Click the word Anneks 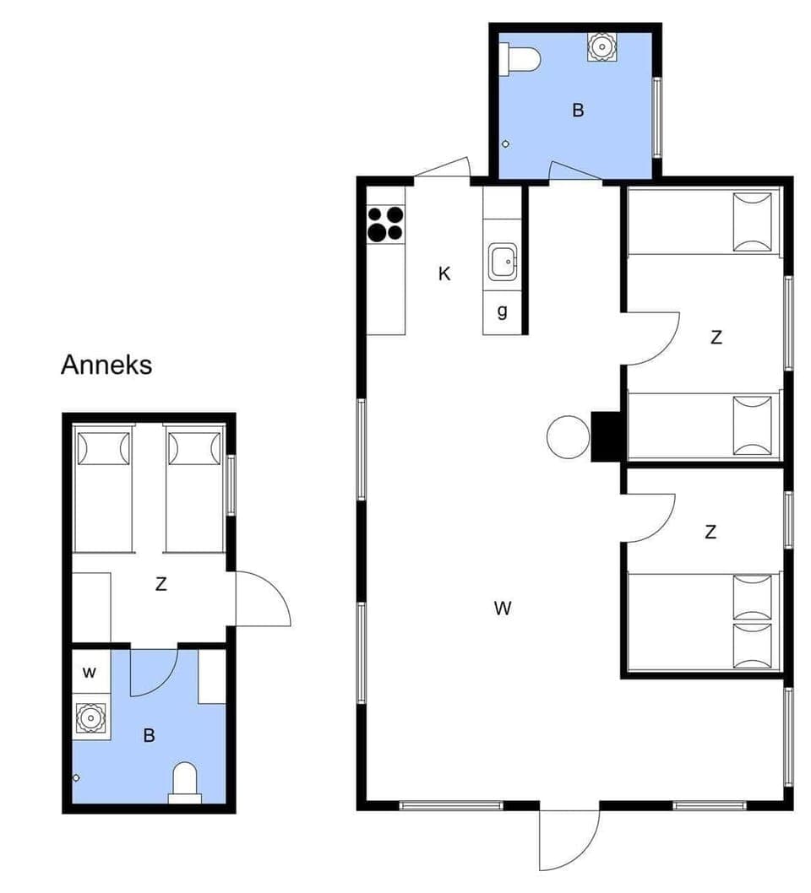[x=106, y=365]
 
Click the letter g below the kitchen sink [x=503, y=311]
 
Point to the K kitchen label [x=444, y=273]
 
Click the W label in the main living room [x=503, y=608]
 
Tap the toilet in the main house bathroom [x=520, y=59]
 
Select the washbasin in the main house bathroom [x=601, y=46]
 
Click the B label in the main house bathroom [x=578, y=110]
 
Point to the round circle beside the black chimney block [x=568, y=437]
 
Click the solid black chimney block [x=607, y=436]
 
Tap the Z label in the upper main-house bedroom [x=716, y=338]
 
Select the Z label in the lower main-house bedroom [x=710, y=532]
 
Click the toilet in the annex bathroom [x=185, y=780]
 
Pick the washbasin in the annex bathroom [x=90, y=718]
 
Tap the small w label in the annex [x=90, y=673]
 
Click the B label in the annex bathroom [x=149, y=736]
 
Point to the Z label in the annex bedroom [x=161, y=583]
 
